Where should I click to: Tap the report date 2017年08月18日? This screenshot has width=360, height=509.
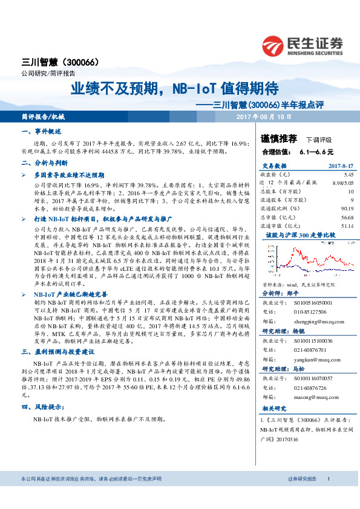(x=264, y=116)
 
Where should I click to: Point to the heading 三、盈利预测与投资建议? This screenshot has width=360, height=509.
(x=57, y=351)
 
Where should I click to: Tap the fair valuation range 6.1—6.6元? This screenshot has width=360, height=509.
(x=316, y=152)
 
